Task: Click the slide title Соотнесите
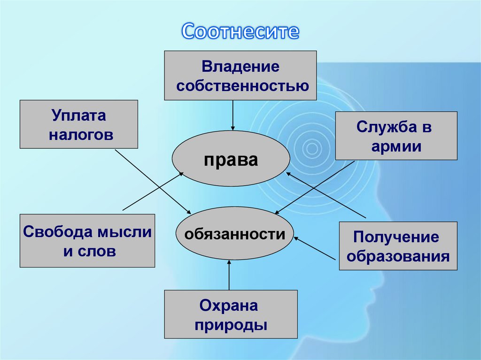(240, 31)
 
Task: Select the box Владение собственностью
(240, 76)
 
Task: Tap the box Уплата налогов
(78, 124)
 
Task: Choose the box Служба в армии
(396, 136)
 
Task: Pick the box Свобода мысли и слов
(87, 241)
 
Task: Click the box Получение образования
(398, 246)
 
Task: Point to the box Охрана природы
(231, 314)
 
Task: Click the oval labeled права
(231, 160)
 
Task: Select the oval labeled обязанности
(234, 233)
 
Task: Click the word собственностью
(240, 86)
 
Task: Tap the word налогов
(81, 135)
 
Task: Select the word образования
(398, 257)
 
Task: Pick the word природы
(231, 325)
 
